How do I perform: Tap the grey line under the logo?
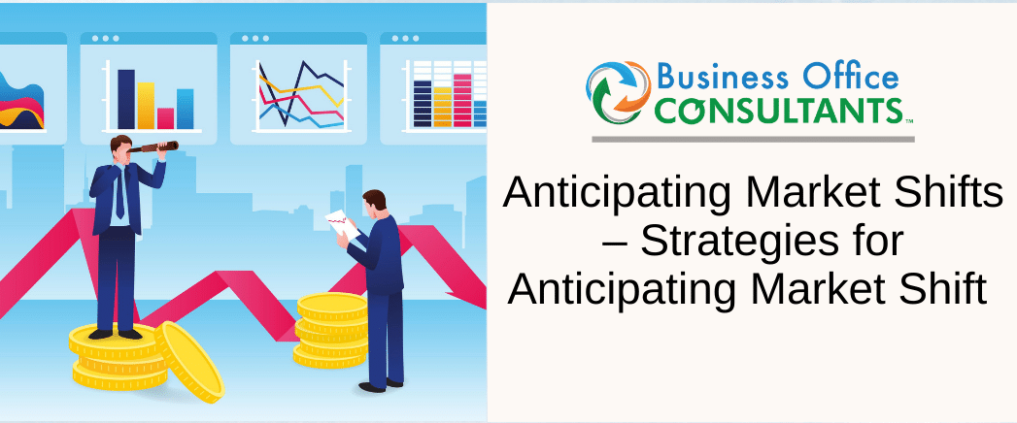[x=753, y=139]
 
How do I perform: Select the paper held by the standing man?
[x=340, y=221]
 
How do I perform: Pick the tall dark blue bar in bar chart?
[x=125, y=99]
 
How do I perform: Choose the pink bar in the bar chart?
[x=166, y=117]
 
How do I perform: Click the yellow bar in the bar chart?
[x=146, y=106]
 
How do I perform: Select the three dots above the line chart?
[x=254, y=40]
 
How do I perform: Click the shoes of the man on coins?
[x=115, y=333]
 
